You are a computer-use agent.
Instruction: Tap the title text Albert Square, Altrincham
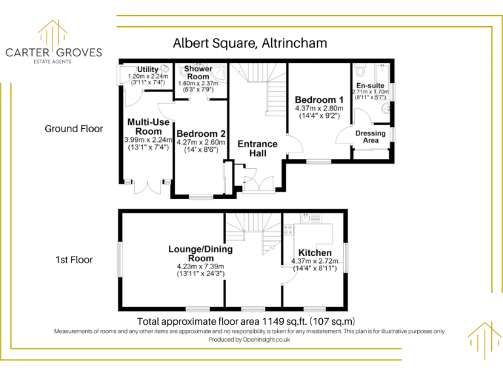coord(250,44)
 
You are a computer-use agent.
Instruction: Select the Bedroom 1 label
coord(319,99)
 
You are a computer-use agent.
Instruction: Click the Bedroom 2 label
coord(200,134)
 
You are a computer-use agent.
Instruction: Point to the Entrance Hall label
coord(257,148)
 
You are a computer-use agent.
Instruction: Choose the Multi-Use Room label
coord(145,126)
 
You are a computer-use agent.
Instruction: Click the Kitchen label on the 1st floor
coord(315,253)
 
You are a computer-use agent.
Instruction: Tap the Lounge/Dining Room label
coord(200,254)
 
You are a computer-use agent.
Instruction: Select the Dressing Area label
coord(371,137)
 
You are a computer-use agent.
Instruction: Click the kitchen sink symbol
coord(306,218)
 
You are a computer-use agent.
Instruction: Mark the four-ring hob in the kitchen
coord(289,230)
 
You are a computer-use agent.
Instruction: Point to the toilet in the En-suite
coord(360,69)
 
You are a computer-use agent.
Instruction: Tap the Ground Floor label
coord(73,129)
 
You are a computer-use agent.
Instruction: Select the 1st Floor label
coord(74,260)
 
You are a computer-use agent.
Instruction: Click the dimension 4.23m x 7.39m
coord(200,266)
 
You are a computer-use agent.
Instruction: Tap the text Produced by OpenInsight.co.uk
coord(250,340)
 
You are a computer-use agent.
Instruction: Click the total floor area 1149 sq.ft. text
coord(246,321)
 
